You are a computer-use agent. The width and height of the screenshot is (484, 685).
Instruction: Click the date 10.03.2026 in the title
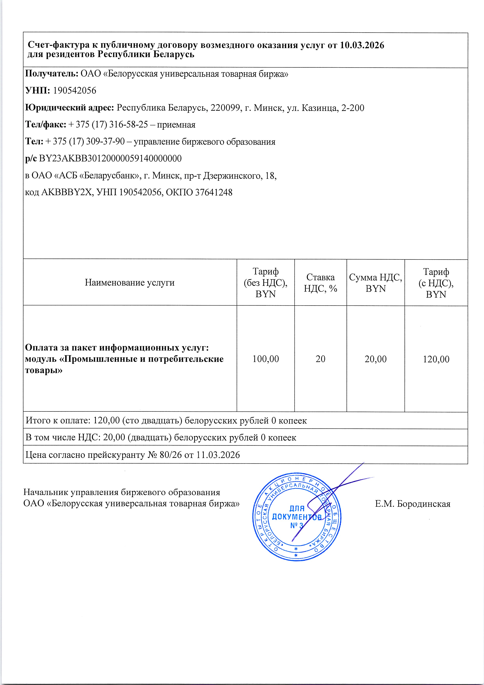point(362,45)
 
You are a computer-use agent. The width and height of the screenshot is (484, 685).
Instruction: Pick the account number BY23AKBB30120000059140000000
point(110,158)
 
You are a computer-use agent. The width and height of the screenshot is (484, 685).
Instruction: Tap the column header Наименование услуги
point(130,282)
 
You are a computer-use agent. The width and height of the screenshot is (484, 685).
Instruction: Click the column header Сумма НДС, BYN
point(375,283)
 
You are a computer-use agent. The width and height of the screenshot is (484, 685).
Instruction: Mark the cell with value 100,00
point(265,359)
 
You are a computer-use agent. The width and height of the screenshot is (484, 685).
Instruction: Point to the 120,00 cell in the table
point(436,359)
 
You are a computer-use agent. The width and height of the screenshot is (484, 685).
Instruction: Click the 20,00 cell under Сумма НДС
point(375,359)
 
